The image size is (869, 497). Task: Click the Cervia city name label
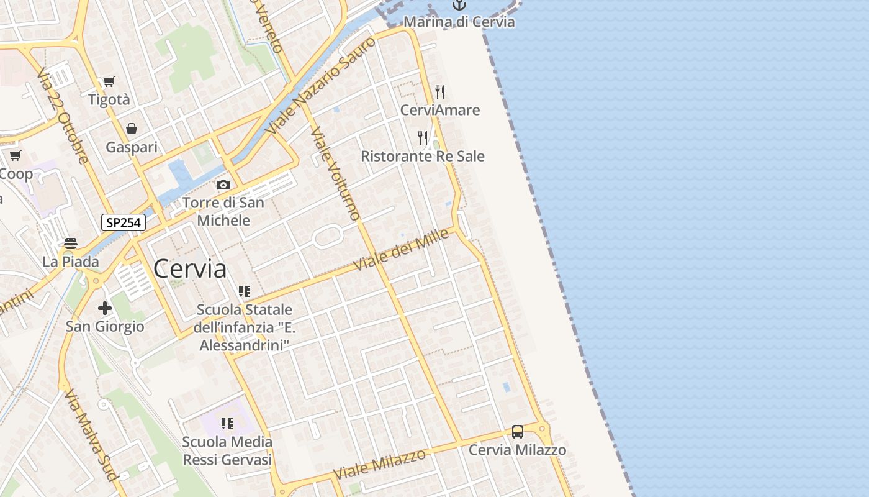pyautogui.click(x=189, y=269)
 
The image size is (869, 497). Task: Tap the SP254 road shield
pyautogui.click(x=123, y=222)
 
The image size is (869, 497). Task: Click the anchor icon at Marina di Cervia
pyautogui.click(x=459, y=6)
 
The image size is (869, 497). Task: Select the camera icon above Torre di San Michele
pyautogui.click(x=223, y=185)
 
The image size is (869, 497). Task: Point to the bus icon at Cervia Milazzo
pyautogui.click(x=517, y=431)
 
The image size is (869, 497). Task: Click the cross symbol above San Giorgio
pyautogui.click(x=105, y=308)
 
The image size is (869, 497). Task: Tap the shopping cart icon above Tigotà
pyautogui.click(x=109, y=81)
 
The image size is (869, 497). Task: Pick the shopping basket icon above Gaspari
pyautogui.click(x=132, y=129)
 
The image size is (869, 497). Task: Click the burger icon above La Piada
pyautogui.click(x=71, y=243)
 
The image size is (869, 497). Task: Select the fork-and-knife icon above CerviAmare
pyautogui.click(x=440, y=92)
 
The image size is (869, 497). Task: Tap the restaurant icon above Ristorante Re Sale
pyautogui.click(x=423, y=137)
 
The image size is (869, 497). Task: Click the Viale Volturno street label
pyautogui.click(x=335, y=173)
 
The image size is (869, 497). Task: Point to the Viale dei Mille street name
pyautogui.click(x=401, y=250)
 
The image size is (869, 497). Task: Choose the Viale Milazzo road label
pyautogui.click(x=379, y=463)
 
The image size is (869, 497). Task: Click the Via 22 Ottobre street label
pyautogui.click(x=63, y=117)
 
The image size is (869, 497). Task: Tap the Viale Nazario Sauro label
pyautogui.click(x=321, y=86)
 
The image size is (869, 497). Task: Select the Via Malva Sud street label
pyautogui.click(x=91, y=435)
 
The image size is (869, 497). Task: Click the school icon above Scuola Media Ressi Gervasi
pyautogui.click(x=227, y=424)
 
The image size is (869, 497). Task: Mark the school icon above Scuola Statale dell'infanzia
pyautogui.click(x=245, y=291)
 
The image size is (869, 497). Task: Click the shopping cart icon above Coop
pyautogui.click(x=16, y=155)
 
